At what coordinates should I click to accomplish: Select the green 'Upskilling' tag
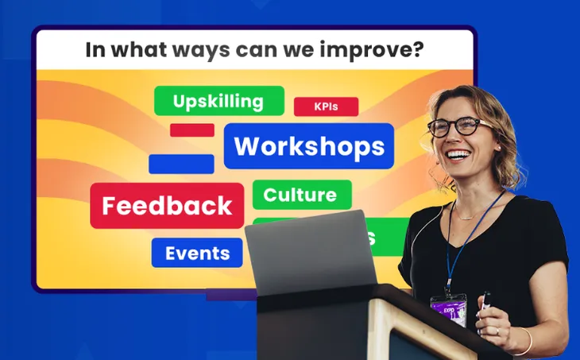point(218,101)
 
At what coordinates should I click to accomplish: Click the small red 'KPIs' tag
point(326,106)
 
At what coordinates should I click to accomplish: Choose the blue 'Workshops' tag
point(308,146)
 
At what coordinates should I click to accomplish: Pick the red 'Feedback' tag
point(167,206)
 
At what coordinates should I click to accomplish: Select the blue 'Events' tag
point(197,254)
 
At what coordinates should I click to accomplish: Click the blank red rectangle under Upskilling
point(192,130)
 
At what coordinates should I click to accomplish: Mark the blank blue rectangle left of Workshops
point(181,164)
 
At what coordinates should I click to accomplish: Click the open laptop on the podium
point(310,254)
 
